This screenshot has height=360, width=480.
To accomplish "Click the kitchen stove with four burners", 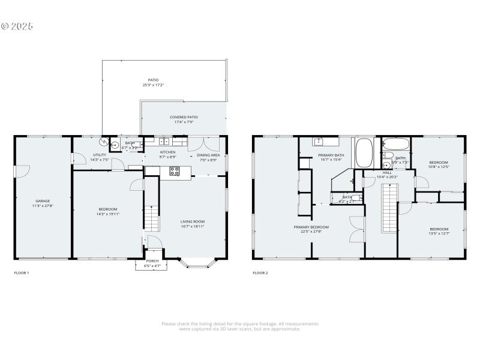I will pos(175,172).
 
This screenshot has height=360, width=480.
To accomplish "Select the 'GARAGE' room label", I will pos(42,201).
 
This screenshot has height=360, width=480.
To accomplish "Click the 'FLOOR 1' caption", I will pos(22,273).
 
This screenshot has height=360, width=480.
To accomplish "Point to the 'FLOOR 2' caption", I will pos(260,273).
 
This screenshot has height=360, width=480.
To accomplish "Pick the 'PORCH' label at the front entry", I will pos(152,261).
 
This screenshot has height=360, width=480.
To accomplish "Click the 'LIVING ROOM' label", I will pos(193,221).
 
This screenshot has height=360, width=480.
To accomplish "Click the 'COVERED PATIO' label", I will pos(184,117).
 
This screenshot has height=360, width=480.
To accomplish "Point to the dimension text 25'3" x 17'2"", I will pos(154,85).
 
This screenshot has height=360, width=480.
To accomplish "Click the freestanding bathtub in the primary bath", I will pos(364,154).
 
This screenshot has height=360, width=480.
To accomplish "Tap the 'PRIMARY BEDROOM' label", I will pos(311,227).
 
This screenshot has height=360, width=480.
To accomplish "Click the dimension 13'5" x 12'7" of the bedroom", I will pos(439,233).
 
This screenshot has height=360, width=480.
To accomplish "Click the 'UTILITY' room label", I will pos(99,155).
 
